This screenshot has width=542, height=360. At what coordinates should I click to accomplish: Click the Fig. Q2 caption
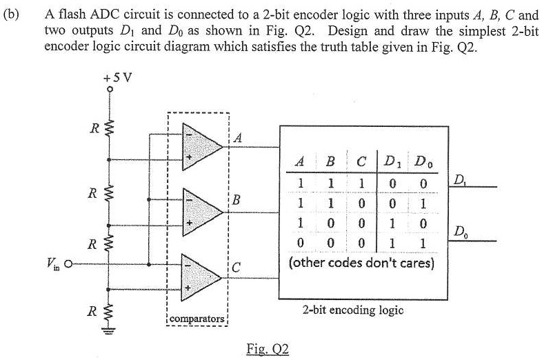[267, 349]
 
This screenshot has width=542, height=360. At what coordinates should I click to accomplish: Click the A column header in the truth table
[299, 163]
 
